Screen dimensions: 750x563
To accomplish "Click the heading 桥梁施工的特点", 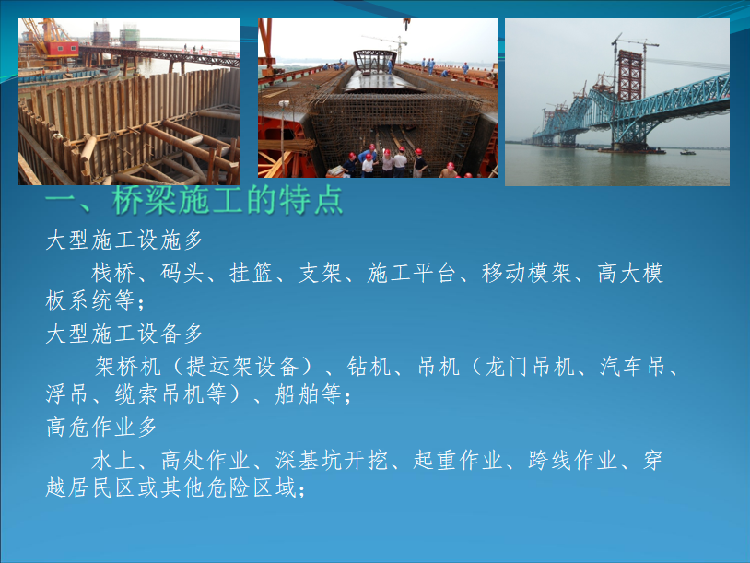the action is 228,200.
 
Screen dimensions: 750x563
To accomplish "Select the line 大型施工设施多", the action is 124,240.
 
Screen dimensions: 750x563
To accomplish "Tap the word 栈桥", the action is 113,273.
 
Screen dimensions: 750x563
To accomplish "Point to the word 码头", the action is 182,273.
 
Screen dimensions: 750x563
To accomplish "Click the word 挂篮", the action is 251,273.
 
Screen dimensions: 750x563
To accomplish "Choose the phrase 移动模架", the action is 526,273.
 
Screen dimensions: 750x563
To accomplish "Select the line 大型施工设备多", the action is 124,334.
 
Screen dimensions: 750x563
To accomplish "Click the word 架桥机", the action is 128,367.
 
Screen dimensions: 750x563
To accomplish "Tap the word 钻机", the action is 369,367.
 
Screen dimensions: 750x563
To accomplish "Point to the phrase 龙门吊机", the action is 530,367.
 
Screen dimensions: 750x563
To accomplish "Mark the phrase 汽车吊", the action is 632,367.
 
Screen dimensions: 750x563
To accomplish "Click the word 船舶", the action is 297,394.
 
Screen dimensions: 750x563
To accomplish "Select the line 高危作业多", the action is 101,428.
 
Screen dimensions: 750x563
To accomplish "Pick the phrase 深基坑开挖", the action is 331,461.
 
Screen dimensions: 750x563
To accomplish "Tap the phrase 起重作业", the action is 457,461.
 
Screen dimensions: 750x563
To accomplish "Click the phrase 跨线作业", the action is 572,461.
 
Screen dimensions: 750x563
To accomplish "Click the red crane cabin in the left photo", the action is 62,48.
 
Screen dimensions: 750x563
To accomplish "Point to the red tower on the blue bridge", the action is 629,76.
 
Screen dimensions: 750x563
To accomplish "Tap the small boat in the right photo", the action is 688,153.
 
